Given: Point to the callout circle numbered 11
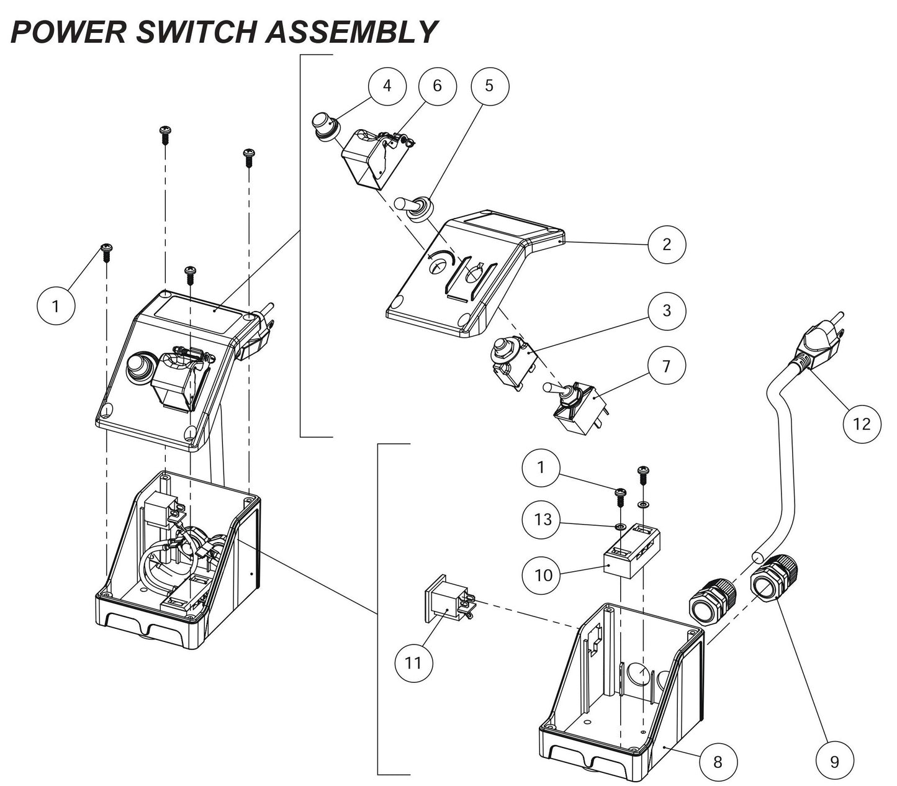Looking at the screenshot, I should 413,662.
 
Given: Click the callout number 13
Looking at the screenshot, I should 543,518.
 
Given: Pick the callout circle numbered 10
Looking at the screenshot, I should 543,574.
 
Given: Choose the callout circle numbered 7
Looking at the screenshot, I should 667,366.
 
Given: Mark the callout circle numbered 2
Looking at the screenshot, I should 667,243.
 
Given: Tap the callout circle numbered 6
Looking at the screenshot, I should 436,86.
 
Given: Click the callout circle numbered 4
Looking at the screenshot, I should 387,86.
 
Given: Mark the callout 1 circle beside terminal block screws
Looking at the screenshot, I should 540,467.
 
